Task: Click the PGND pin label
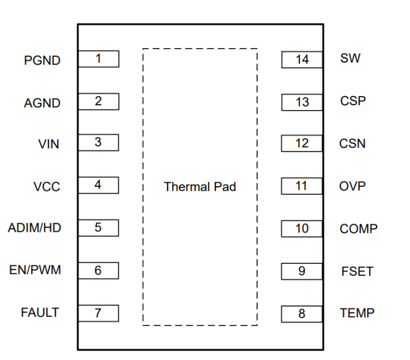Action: tap(42, 60)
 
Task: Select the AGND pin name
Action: tap(42, 103)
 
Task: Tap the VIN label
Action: tap(49, 144)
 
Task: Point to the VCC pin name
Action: tap(47, 187)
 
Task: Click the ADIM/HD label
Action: tap(35, 228)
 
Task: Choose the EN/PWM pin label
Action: tap(35, 270)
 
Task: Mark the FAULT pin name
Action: tap(40, 312)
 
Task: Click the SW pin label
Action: tap(350, 59)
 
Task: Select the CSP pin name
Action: tap(353, 101)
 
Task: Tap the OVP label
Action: tap(353, 186)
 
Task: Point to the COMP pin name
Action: tap(358, 229)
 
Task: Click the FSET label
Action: tap(357, 272)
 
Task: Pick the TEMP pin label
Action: tap(357, 313)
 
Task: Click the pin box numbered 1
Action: tap(98, 59)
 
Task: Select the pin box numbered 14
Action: tap(302, 60)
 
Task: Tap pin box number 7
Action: tap(98, 313)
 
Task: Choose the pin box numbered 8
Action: tap(302, 314)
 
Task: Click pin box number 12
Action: tap(302, 143)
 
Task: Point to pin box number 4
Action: tap(98, 185)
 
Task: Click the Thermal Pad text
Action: tap(200, 187)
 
